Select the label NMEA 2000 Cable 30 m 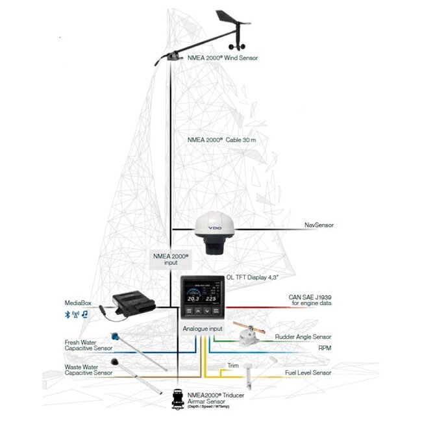[222, 140]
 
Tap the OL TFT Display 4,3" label [252, 277]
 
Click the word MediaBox [77, 303]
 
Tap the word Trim [233, 366]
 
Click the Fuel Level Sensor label [308, 373]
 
